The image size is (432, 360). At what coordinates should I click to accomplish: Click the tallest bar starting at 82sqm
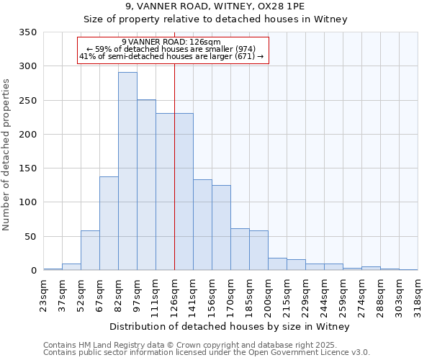[x=127, y=171]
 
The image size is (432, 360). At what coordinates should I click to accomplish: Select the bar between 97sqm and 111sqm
[x=146, y=185]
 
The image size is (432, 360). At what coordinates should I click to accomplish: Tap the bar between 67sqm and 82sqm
[x=109, y=223]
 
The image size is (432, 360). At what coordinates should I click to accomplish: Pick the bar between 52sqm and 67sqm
[x=90, y=251]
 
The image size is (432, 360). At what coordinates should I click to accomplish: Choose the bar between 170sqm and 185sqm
[x=240, y=249]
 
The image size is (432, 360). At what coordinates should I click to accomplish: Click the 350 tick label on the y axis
[x=27, y=32]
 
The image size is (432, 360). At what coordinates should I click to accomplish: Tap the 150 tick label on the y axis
[x=27, y=168]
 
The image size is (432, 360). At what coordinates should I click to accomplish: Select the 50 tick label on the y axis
[x=30, y=237]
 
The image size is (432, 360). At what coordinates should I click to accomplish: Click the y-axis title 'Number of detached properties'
[x=6, y=155]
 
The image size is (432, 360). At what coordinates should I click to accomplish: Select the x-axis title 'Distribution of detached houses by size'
[x=230, y=327]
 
